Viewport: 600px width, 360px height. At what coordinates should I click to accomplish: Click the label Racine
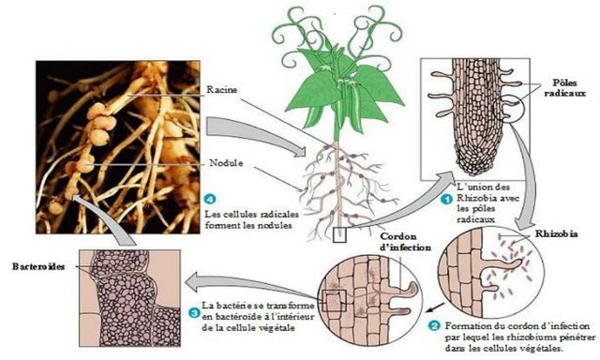point(222,90)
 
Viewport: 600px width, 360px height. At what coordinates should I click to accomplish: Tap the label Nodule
point(226,163)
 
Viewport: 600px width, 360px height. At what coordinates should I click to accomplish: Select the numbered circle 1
point(446,200)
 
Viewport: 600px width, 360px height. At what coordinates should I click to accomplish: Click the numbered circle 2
point(434,326)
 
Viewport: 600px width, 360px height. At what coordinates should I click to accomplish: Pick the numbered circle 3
point(194,312)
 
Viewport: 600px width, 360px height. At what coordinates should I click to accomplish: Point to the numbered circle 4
point(210,199)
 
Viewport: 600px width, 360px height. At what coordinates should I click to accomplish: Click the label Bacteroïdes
point(38,266)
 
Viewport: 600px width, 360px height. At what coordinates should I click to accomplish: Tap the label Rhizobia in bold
point(556,233)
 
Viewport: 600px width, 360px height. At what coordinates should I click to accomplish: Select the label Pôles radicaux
point(564,88)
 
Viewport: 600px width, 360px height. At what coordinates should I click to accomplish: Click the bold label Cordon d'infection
point(406,242)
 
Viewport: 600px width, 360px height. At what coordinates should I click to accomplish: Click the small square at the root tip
point(339,235)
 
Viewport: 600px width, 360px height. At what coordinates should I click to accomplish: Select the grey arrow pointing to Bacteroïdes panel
point(248,288)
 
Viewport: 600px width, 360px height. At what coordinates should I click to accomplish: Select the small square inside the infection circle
point(335,301)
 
